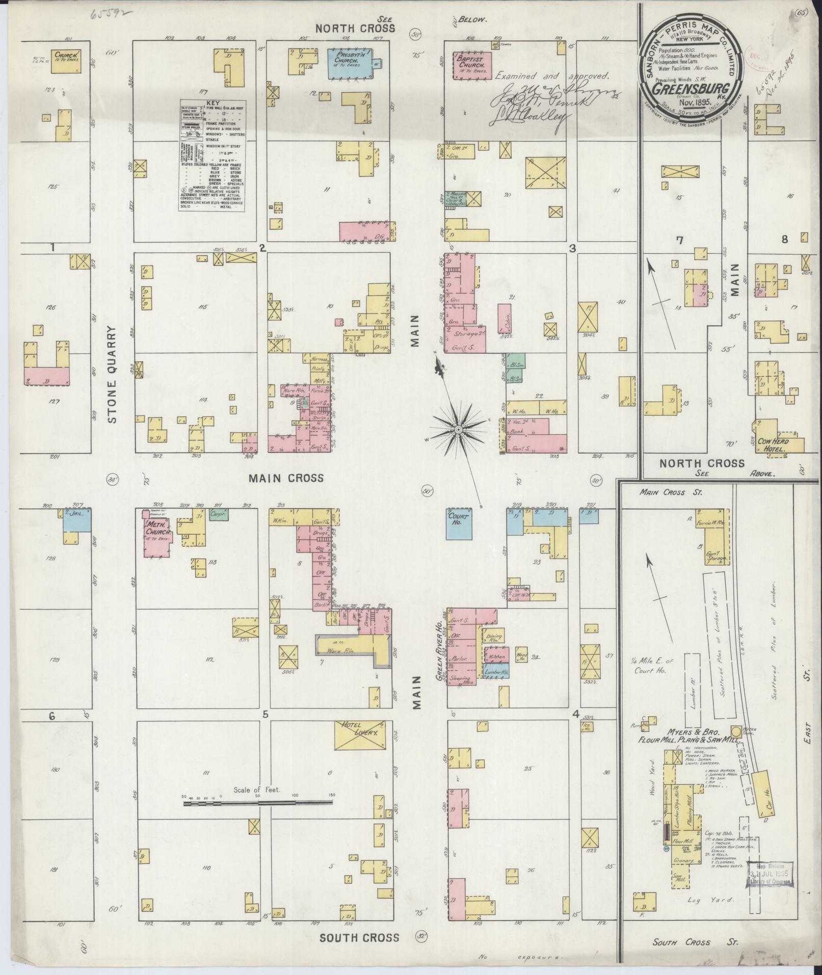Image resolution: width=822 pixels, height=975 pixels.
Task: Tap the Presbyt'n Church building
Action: pyautogui.click(x=350, y=64)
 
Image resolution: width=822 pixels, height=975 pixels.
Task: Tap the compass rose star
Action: pyautogui.click(x=458, y=430)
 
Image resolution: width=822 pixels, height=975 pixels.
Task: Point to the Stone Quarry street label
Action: pyautogui.click(x=113, y=375)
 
